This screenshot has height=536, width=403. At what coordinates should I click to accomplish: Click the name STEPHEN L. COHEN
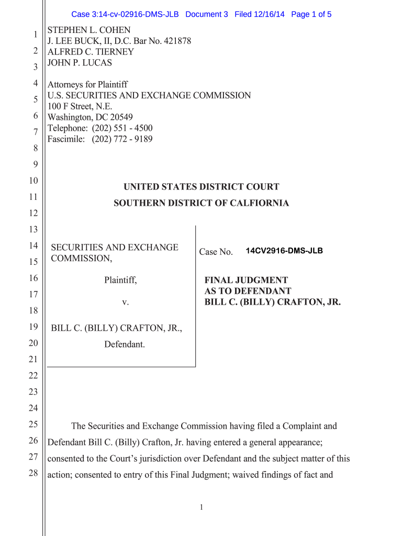(89, 30)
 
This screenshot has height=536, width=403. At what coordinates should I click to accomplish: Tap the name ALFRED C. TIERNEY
(91, 52)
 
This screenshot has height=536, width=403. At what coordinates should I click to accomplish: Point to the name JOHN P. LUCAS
(80, 63)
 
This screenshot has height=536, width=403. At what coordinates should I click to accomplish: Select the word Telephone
(67, 128)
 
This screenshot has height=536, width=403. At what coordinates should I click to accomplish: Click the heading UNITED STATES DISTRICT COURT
(201, 187)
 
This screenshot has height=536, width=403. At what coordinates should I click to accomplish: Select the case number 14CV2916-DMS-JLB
(284, 251)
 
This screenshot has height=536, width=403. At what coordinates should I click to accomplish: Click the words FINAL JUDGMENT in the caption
(246, 281)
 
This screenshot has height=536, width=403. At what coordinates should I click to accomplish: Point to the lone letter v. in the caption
(125, 303)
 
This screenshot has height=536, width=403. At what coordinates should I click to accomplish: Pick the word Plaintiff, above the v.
(120, 281)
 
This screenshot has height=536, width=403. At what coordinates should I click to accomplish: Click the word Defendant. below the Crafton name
(125, 344)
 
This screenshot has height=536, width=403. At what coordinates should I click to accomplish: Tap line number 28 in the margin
(33, 473)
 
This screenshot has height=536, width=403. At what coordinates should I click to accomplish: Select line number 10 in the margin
(33, 181)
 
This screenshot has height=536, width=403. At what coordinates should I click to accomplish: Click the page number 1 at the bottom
(201, 507)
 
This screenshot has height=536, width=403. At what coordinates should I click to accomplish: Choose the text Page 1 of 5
(311, 14)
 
